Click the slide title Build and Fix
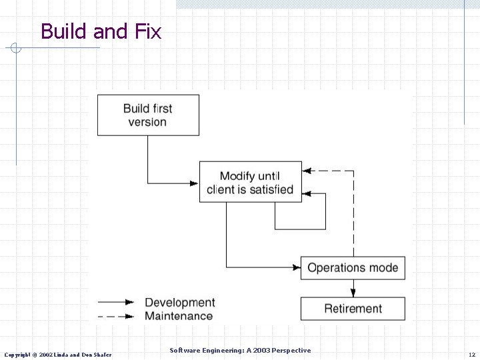click(101, 31)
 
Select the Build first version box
click(148, 115)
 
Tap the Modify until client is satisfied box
click(250, 182)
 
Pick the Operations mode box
click(353, 268)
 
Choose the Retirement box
click(353, 309)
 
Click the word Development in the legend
click(180, 303)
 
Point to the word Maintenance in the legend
click(179, 316)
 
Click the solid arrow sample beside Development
click(117, 303)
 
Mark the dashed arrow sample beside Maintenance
click(117, 316)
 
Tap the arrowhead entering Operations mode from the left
click(297, 268)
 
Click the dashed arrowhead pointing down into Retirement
click(353, 292)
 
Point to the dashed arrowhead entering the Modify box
click(306, 171)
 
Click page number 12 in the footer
click(471, 354)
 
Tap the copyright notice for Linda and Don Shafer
click(58, 354)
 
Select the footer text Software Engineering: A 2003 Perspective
click(240, 350)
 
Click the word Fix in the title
click(147, 31)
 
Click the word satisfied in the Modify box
click(271, 189)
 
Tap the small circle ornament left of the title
click(16, 48)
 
